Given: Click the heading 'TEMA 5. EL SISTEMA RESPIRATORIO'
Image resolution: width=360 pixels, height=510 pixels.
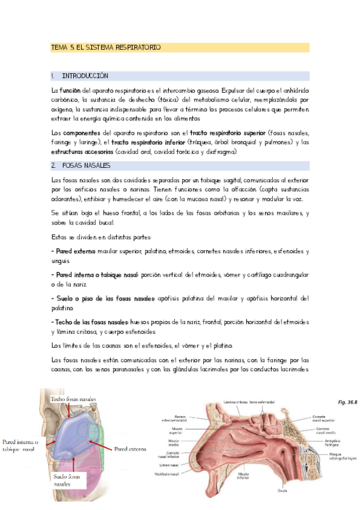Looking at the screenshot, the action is pyautogui.click(x=105, y=47).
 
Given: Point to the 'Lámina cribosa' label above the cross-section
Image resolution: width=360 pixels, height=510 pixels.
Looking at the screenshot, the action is pyautogui.click(x=236, y=402).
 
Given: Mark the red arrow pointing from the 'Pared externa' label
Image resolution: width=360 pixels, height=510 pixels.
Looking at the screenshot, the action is pyautogui.click(x=102, y=445).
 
